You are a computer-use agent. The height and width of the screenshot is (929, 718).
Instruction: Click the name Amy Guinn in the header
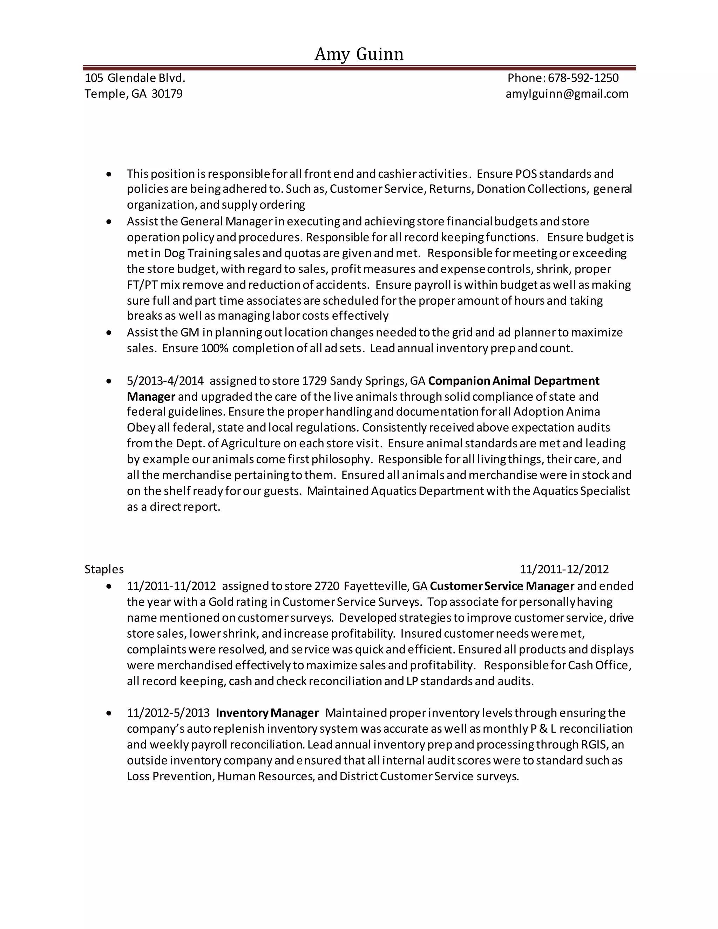[x=359, y=54]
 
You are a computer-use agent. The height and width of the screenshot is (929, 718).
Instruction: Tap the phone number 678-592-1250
[x=583, y=78]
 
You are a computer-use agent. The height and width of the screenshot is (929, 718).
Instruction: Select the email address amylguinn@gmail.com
[x=567, y=94]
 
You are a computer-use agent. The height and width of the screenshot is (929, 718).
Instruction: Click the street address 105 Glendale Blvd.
[x=135, y=78]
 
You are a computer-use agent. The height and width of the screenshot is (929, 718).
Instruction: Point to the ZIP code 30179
[x=167, y=94]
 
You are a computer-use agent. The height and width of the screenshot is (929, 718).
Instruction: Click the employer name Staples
[x=104, y=569]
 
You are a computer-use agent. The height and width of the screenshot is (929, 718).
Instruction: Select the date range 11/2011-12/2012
[x=564, y=569]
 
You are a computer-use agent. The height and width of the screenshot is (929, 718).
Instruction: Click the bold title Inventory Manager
[x=267, y=713]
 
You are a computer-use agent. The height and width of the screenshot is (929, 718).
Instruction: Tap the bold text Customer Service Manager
[x=502, y=586]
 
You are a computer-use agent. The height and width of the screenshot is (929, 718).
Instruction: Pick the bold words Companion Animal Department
[x=513, y=381]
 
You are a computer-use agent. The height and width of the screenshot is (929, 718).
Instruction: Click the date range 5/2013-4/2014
[x=165, y=381]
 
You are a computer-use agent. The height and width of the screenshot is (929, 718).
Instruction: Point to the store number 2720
[x=327, y=586]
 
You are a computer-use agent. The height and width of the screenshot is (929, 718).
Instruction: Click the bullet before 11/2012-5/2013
[x=109, y=713]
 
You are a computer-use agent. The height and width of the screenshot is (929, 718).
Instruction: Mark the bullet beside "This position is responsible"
[x=109, y=174]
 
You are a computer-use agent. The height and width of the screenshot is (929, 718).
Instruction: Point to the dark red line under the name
[x=359, y=68]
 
